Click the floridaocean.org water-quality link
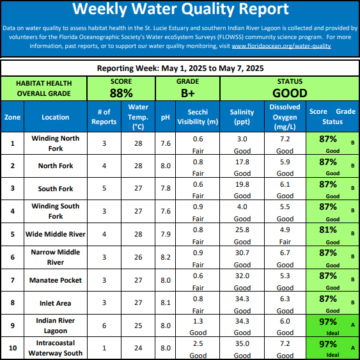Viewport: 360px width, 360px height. (281, 46)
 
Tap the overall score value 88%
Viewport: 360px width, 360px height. (121, 93)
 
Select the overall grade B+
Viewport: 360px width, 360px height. (187, 93)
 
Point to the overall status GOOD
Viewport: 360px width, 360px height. (290, 93)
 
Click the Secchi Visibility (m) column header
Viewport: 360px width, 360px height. (198, 117)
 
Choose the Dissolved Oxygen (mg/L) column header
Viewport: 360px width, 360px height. (285, 117)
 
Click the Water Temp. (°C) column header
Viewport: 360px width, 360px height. (138, 117)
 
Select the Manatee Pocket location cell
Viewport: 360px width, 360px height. (56, 280)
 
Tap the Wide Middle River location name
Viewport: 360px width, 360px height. (56, 234)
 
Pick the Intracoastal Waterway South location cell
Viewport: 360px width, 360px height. (56, 348)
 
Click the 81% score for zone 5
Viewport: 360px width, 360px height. (327, 230)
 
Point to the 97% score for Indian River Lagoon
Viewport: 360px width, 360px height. (327, 322)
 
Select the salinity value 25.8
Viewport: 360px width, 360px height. (242, 230)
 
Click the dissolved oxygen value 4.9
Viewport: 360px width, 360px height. (285, 230)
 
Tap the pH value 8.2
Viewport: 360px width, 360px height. (166, 257)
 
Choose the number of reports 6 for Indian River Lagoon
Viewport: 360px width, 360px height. (104, 326)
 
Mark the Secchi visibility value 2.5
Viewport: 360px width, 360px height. (198, 344)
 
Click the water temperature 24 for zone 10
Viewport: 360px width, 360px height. (138, 348)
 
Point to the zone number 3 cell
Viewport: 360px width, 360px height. (12, 188)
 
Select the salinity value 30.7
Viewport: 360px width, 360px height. (242, 253)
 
